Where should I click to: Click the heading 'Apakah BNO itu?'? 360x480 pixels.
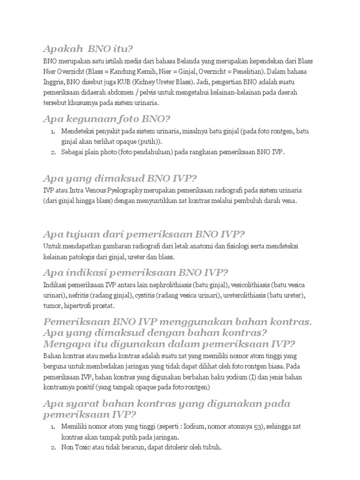point(88,49)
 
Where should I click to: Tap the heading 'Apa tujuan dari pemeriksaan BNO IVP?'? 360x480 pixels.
point(144,234)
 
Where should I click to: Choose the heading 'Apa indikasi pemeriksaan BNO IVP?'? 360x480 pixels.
point(135,273)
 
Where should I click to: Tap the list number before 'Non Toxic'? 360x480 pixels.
point(53,448)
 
